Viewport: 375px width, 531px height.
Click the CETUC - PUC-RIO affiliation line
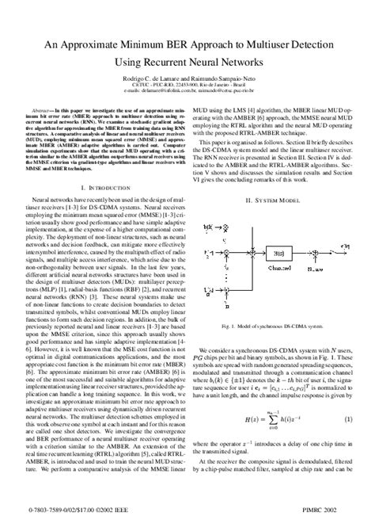click(x=187, y=98)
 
